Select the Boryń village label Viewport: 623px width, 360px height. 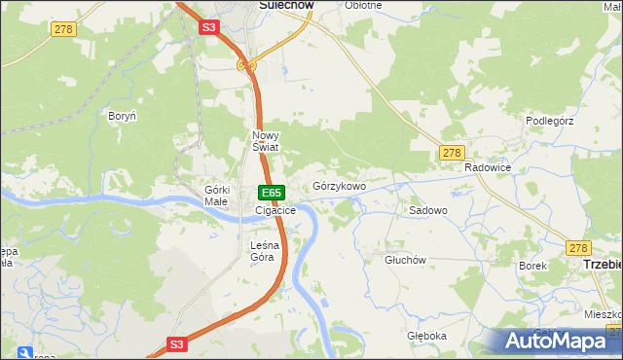tap(122, 116)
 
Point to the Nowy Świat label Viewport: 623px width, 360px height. tap(266, 141)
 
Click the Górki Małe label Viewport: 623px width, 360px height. tap(216, 195)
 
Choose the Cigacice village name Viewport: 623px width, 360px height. tap(275, 210)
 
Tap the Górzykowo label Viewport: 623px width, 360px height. tap(339, 186)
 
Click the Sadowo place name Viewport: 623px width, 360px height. tap(427, 210)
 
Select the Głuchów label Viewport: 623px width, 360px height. tap(406, 260)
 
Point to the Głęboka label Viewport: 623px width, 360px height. tap(426, 336)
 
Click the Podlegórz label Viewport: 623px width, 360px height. tap(552, 120)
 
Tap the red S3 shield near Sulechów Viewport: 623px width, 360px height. tap(209, 28)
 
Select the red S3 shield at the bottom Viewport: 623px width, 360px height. tap(176, 343)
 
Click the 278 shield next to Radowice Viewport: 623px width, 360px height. tap(451, 153)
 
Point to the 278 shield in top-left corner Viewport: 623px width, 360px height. tap(64, 30)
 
